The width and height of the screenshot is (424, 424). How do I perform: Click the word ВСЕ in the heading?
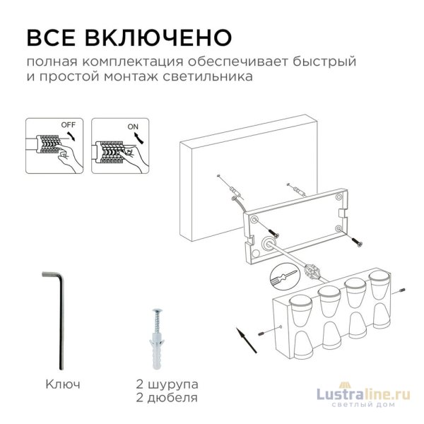tap(50, 36)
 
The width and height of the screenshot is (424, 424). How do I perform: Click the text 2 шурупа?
tap(167, 385)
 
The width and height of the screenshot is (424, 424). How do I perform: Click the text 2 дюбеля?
tap(167, 399)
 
